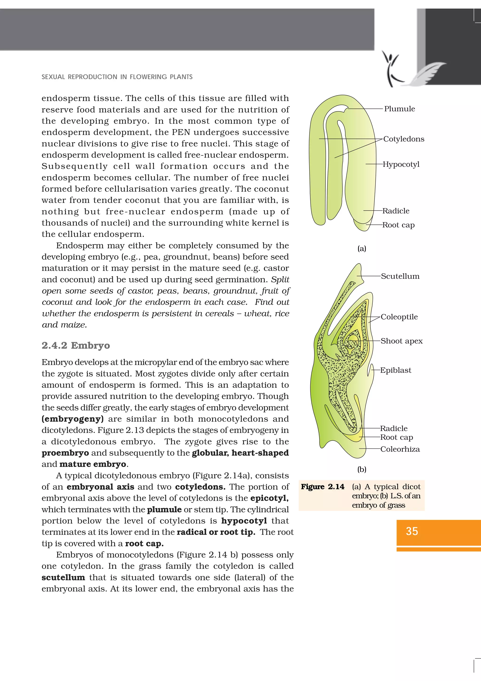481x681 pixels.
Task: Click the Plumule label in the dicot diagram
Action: point(399,109)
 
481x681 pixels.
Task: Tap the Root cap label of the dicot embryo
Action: point(398,225)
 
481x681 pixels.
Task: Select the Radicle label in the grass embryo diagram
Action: point(394,428)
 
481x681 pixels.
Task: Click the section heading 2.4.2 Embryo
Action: point(76,345)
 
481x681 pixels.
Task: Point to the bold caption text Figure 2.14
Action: point(322,487)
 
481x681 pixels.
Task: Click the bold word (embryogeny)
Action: point(73,419)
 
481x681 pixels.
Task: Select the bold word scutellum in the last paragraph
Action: point(63,577)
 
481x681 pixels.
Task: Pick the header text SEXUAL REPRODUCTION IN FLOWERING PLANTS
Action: point(117,77)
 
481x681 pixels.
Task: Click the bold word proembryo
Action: point(65,453)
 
